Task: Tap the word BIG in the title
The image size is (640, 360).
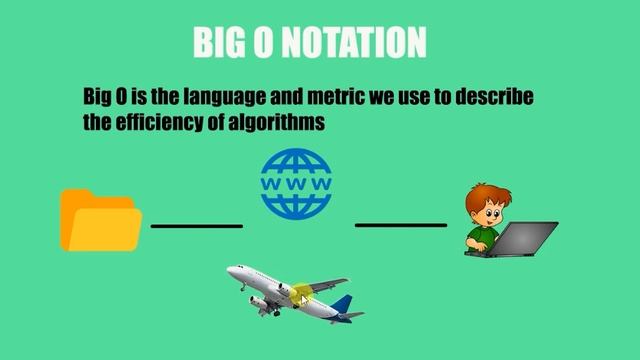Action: pos(218,42)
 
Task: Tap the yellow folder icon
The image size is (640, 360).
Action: pos(100,219)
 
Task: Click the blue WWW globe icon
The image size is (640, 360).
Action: pos(296,184)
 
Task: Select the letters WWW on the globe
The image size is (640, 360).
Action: pos(296,185)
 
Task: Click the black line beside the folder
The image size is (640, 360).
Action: pos(197,226)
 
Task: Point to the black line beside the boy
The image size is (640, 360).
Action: pos(401,225)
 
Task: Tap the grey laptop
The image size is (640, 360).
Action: pos(524,239)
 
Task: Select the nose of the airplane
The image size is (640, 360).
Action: pos(231,270)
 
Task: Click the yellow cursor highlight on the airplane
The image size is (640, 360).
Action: pos(302,295)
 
